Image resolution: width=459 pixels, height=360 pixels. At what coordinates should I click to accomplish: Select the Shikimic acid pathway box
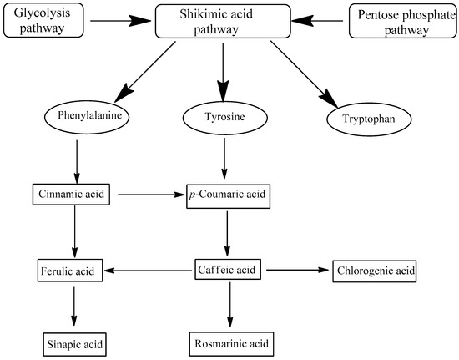pyautogui.click(x=221, y=20)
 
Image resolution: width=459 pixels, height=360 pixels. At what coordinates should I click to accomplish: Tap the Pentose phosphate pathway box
pyautogui.click(x=402, y=20)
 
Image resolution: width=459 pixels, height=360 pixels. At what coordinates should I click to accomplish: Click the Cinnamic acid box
pyautogui.click(x=76, y=195)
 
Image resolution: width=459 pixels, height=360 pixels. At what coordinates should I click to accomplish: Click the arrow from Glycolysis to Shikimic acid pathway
pyautogui.click(x=121, y=20)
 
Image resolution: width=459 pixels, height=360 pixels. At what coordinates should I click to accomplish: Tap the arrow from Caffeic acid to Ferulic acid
pyautogui.click(x=150, y=270)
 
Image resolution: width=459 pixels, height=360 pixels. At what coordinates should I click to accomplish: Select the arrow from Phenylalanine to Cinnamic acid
pyautogui.click(x=76, y=158)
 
